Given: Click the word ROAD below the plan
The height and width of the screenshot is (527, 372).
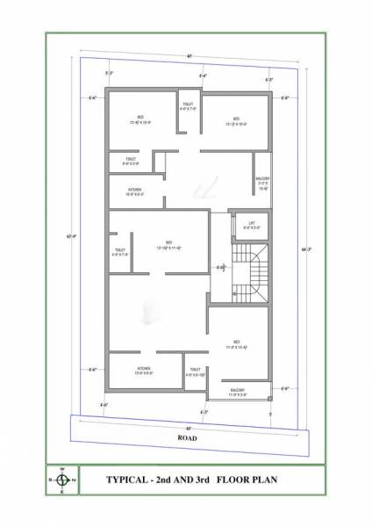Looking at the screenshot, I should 187,437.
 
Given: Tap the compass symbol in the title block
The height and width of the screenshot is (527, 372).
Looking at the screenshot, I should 62,480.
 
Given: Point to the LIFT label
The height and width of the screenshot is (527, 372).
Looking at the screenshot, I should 252,223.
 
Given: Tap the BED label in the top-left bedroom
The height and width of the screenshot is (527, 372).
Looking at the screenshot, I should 140,116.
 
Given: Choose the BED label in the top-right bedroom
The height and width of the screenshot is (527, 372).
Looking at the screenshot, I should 237,118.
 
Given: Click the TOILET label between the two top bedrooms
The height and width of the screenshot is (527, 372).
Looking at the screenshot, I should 189,105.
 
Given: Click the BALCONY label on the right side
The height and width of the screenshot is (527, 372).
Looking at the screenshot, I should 262,178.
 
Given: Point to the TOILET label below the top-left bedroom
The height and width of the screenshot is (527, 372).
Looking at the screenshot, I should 130,159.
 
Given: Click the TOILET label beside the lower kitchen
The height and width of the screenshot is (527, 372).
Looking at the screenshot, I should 196,369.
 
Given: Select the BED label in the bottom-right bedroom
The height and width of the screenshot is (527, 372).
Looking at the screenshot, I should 237,342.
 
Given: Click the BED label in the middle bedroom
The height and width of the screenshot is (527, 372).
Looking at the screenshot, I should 168,242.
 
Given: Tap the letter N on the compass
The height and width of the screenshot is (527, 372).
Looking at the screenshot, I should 74,480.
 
